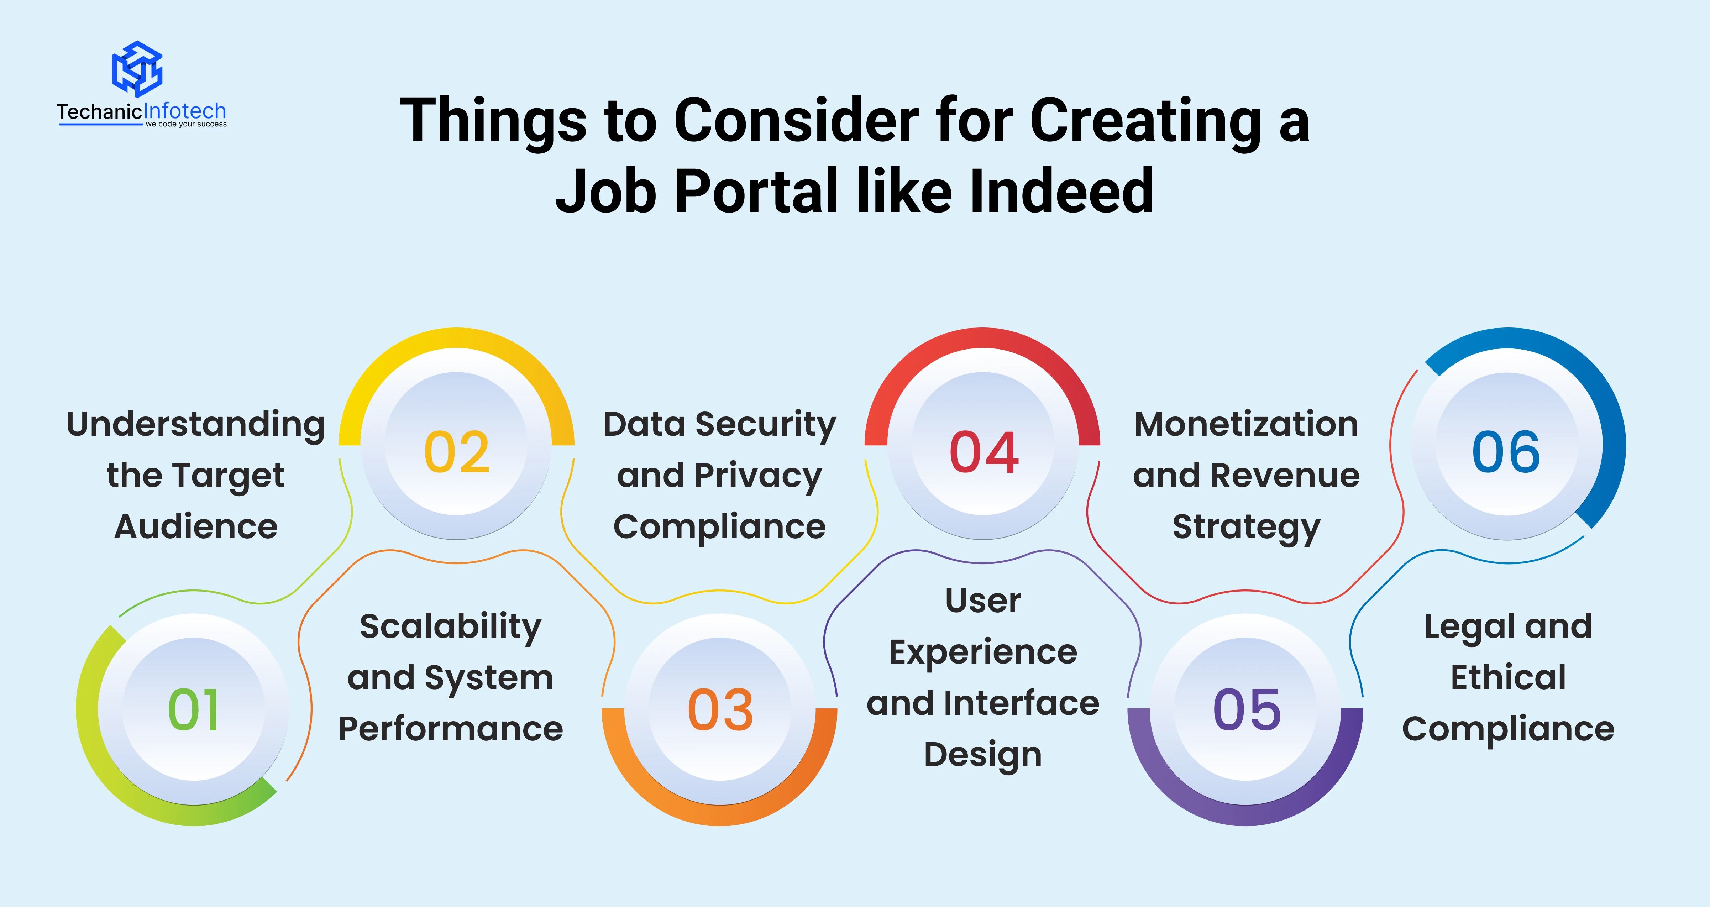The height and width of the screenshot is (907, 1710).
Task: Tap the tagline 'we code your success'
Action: pos(187,124)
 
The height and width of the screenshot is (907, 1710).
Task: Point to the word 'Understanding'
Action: pos(196,425)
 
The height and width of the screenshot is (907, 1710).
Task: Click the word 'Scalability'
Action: pos(451,627)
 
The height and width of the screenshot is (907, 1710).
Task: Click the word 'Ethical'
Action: pos(1508,677)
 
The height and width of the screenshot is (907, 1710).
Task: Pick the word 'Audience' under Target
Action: pos(196,527)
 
